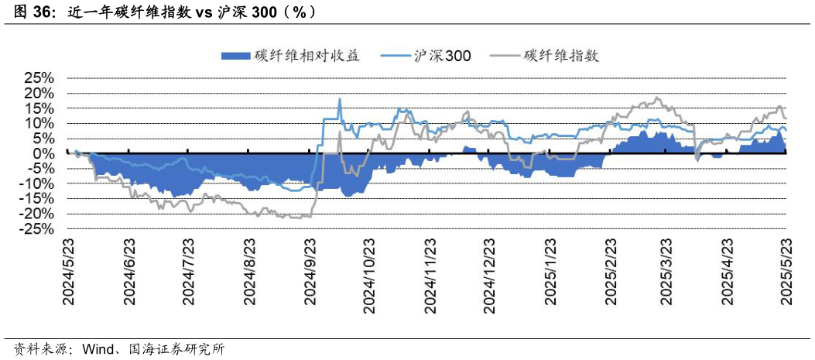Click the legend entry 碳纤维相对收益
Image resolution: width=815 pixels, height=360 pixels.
point(305,55)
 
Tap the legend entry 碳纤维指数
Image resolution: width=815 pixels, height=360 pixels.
point(561,55)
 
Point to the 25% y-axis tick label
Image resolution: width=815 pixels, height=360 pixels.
point(39,78)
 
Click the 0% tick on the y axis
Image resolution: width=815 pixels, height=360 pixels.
point(43,154)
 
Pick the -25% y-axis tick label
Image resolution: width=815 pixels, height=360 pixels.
point(36,230)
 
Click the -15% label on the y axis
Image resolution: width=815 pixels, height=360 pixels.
point(36,200)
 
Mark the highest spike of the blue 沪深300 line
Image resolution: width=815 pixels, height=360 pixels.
point(339,99)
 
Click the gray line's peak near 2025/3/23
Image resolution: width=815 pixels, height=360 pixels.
point(657,98)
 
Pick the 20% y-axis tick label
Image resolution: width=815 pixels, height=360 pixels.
point(39,94)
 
